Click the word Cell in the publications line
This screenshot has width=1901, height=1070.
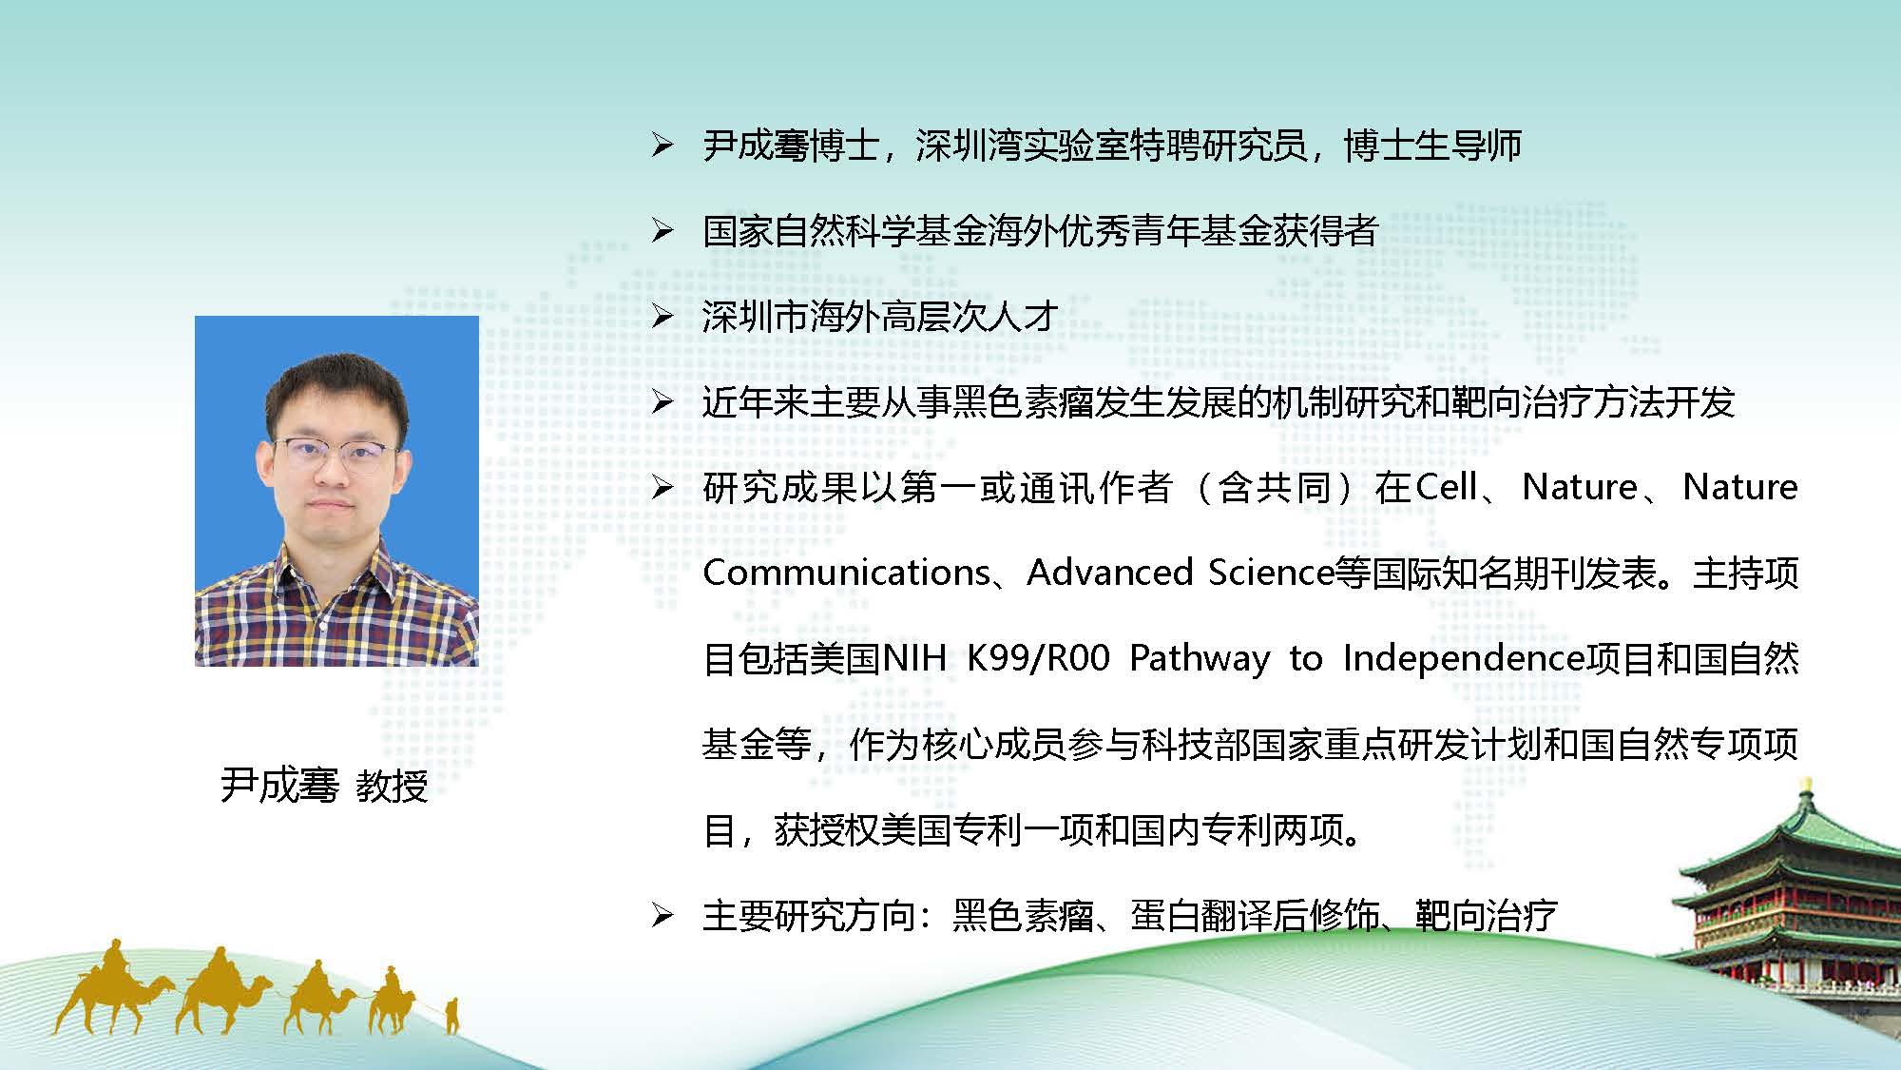(1447, 487)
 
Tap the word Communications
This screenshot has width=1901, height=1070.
(847, 573)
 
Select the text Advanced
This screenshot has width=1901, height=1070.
(1109, 573)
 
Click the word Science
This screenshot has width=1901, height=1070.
(1271, 573)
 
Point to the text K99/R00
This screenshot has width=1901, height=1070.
(1038, 658)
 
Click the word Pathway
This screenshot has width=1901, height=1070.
(1200, 659)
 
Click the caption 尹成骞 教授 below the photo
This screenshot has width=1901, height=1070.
(324, 786)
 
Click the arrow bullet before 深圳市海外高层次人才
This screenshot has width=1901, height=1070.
(662, 316)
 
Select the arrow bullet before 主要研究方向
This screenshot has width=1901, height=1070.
(662, 915)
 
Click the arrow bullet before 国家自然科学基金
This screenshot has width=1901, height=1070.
(662, 230)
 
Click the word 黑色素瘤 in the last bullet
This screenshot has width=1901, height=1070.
(1024, 915)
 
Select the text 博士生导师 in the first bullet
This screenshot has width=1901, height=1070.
(1432, 145)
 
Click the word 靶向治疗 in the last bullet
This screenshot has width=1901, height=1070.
(1487, 915)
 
